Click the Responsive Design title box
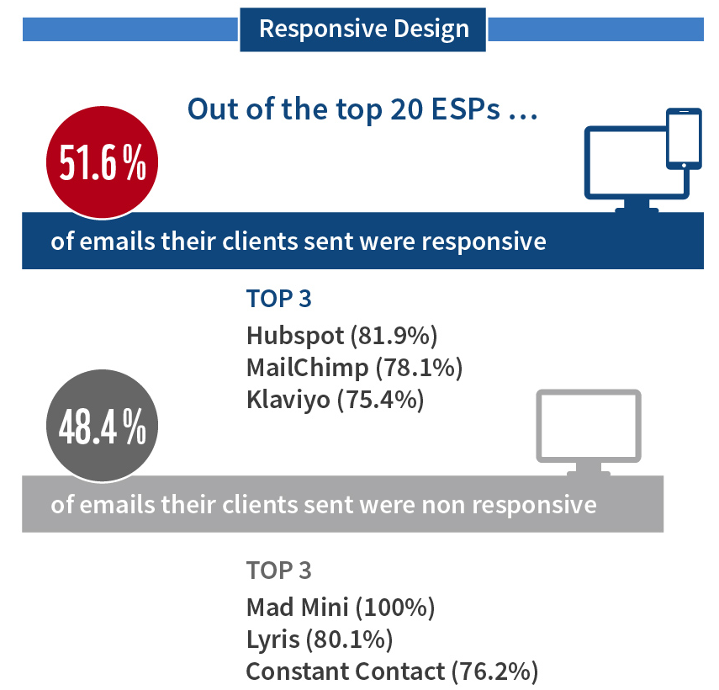click(x=362, y=29)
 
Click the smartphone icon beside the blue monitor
click(x=683, y=138)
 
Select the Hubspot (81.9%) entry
click(x=342, y=336)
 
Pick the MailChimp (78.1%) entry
click(x=354, y=368)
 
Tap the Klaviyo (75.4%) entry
click(x=335, y=400)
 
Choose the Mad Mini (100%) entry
click(x=340, y=607)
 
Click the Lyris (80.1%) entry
click(x=320, y=639)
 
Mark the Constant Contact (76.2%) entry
click(x=392, y=671)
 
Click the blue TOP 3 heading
click(x=279, y=299)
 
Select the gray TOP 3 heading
click(x=279, y=570)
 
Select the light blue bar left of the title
click(x=130, y=29)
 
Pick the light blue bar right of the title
click(x=595, y=29)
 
